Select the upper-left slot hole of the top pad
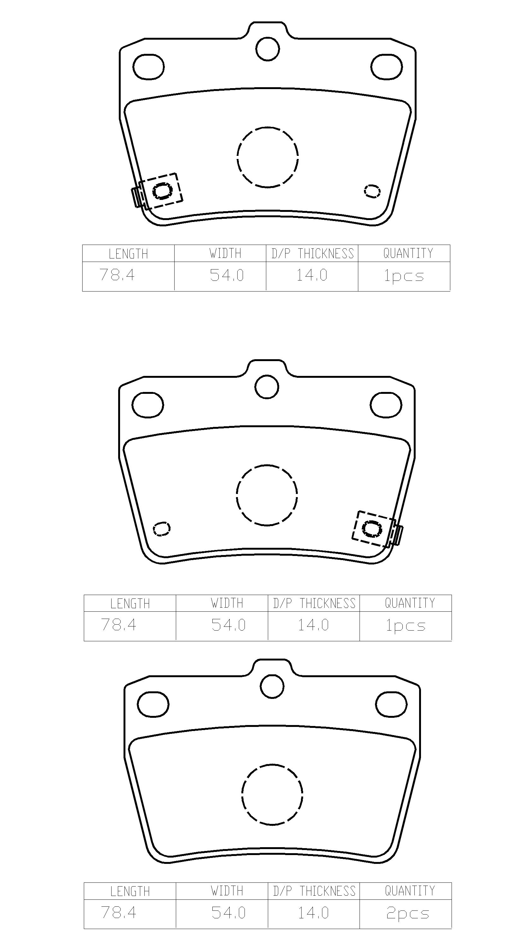[x=148, y=54]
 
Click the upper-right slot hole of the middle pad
[x=386, y=393]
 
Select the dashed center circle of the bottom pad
[x=272, y=764]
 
